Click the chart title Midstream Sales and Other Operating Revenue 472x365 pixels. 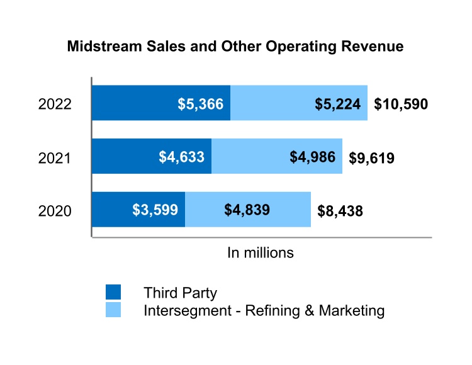(235, 47)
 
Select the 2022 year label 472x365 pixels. (55, 104)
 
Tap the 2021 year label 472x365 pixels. (55, 157)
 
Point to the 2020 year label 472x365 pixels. (55, 211)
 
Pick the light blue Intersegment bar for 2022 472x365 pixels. (277, 103)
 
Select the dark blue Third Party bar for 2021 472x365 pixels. (126, 156)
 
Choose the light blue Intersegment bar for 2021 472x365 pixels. (252, 156)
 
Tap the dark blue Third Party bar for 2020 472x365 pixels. (113, 210)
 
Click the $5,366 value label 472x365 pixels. (200, 104)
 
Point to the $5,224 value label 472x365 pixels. (340, 104)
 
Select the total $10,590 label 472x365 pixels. (401, 104)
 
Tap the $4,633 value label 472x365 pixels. (182, 157)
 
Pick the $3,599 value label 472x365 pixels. (155, 210)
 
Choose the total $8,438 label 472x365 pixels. (340, 211)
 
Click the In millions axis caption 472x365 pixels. (261, 253)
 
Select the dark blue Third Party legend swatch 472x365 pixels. (113, 292)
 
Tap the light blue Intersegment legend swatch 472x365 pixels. (113, 310)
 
